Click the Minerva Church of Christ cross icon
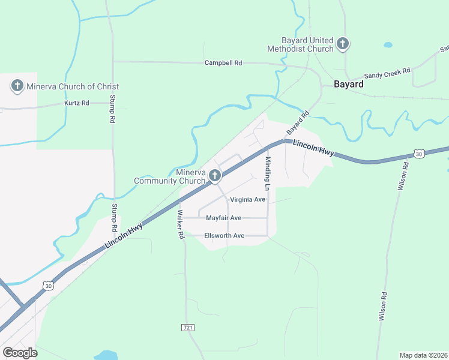(x=17, y=86)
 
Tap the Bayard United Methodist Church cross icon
(x=343, y=43)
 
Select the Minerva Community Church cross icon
(x=215, y=176)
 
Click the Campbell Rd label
(x=223, y=62)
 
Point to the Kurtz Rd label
(x=77, y=103)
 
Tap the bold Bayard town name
(x=349, y=85)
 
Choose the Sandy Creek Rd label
(x=388, y=73)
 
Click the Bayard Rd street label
(x=297, y=122)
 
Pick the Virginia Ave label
(x=247, y=199)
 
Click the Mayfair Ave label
(x=223, y=218)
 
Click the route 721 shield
(x=187, y=327)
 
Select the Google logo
(x=20, y=353)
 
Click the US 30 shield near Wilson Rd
(x=419, y=154)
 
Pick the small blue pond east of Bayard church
(x=388, y=45)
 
